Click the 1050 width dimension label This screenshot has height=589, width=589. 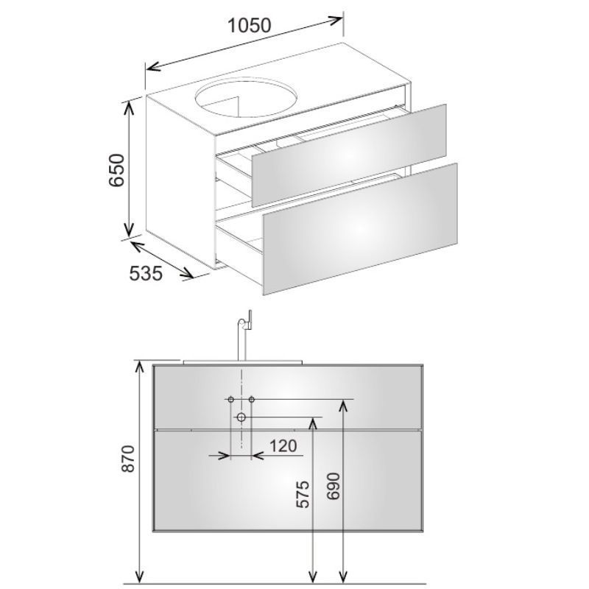click(249, 26)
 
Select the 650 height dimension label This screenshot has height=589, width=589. click(116, 169)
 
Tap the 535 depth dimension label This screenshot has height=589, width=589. click(146, 273)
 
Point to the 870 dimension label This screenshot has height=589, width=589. click(128, 459)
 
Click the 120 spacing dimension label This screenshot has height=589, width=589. click(283, 446)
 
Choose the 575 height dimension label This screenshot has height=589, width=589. click(303, 494)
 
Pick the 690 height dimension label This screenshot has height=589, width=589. click(334, 486)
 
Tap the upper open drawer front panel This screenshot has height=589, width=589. click(349, 155)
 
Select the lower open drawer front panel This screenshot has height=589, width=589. click(360, 229)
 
